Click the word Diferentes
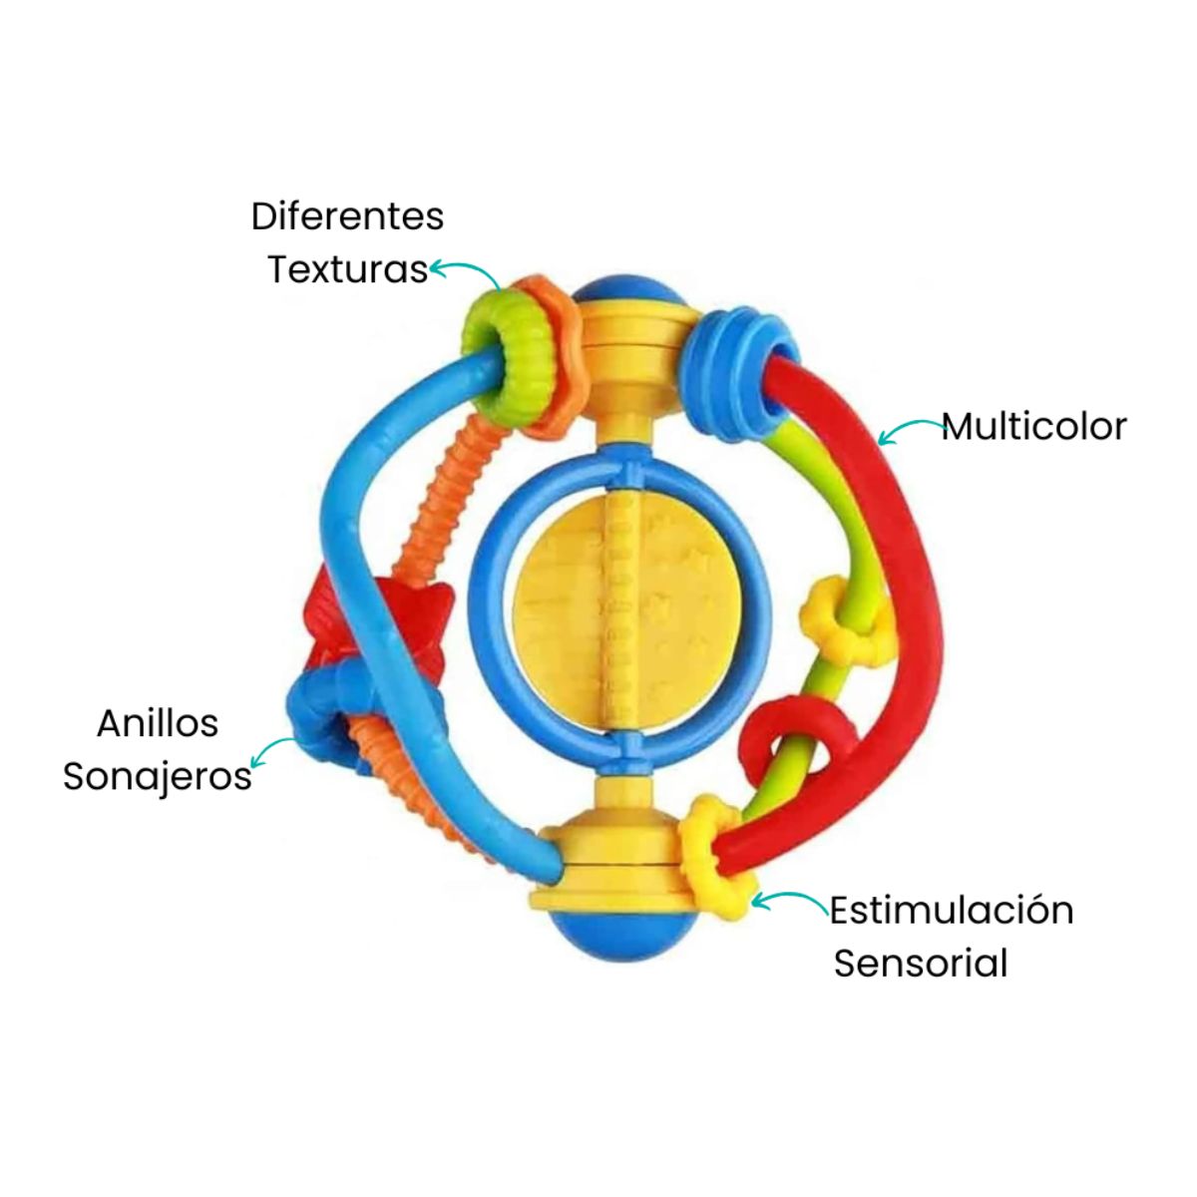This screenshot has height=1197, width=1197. tap(347, 216)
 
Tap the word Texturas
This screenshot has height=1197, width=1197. tap(347, 269)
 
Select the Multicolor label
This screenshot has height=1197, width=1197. tap(1034, 427)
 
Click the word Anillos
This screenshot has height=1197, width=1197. tap(158, 723)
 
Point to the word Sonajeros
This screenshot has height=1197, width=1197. tap(158, 776)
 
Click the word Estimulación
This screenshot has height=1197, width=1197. tap(952, 910)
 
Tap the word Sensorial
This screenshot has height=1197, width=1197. tap(921, 964)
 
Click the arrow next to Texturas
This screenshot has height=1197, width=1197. tap(465, 272)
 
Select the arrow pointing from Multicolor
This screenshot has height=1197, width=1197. tap(911, 430)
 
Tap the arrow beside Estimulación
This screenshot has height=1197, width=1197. tap(790, 902)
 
